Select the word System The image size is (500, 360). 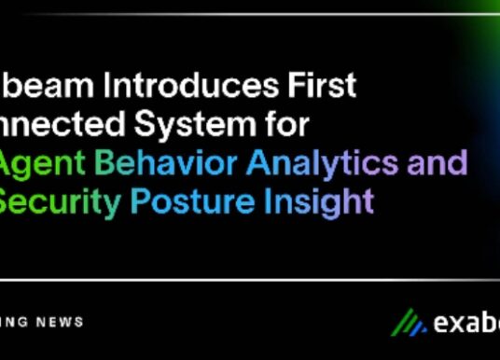pyautogui.click(x=194, y=124)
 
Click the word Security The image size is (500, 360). pyautogui.click(x=58, y=201)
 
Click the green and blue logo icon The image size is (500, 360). pyautogui.click(x=406, y=323)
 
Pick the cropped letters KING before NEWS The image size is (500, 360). pyautogui.click(x=13, y=322)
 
